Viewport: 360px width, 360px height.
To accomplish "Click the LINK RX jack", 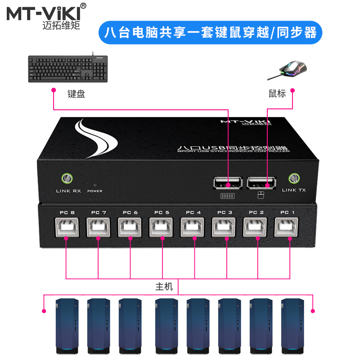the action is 67,178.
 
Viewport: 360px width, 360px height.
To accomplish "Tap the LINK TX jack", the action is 294,178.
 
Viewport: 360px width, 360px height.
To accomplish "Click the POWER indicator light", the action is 94,184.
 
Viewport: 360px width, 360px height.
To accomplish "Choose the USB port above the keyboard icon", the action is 228,184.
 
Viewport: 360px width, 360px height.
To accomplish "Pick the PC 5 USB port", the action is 162,228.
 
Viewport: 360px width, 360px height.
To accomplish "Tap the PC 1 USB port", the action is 288,228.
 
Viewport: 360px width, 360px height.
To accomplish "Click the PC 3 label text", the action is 225,212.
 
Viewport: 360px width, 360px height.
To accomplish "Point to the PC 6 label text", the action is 130,212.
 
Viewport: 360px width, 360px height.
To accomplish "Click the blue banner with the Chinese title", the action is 210,32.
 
